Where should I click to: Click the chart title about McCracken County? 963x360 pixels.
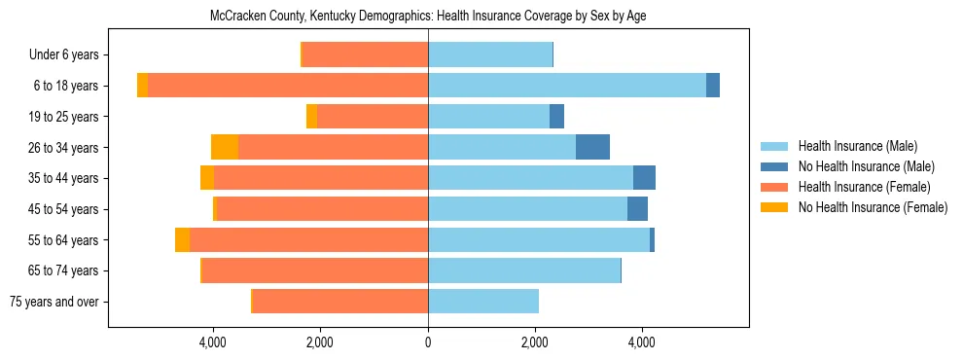tap(428, 16)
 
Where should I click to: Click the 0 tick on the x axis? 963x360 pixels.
tap(428, 342)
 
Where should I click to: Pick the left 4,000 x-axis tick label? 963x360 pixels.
tap(213, 342)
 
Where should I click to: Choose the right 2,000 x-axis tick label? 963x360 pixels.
tap(535, 342)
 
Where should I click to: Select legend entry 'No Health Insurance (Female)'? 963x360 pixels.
tap(873, 207)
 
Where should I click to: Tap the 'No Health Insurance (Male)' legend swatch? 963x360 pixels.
tap(775, 166)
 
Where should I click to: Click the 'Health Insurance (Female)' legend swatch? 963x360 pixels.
tap(775, 187)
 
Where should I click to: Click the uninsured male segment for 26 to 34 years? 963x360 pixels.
tap(592, 148)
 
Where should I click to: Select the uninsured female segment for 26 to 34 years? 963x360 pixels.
tap(225, 148)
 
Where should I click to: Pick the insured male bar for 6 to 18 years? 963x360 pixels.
tap(567, 86)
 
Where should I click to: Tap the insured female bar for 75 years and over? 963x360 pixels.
tap(340, 302)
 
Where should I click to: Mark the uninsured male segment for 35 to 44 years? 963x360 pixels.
tap(644, 178)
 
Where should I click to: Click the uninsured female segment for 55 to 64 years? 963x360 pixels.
tap(182, 240)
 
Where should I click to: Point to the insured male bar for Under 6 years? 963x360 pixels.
tap(490, 55)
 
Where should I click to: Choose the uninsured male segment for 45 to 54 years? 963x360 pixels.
tap(637, 209)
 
